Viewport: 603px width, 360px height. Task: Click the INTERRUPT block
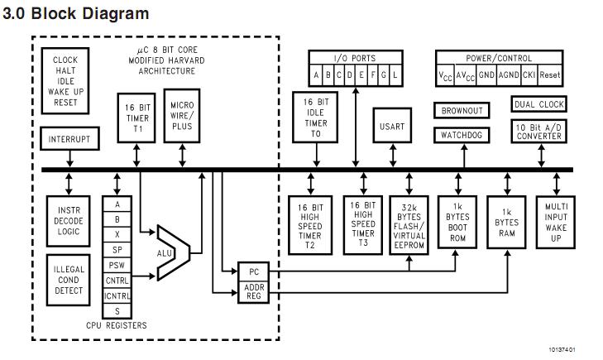[69, 138]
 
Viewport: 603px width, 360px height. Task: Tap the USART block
[392, 127]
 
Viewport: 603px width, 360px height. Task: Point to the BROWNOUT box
[460, 111]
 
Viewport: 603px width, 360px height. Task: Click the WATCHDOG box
[460, 135]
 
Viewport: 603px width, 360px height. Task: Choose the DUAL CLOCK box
[539, 105]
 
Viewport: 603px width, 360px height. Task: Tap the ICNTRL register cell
[117, 295]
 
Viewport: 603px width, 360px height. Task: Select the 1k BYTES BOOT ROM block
[457, 223]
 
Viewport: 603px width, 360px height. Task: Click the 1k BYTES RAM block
[506, 223]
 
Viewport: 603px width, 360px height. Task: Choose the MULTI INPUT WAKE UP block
[554, 223]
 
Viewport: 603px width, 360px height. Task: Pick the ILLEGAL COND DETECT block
[69, 280]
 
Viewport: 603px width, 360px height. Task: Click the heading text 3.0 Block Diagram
[76, 14]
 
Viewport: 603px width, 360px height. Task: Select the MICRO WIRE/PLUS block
[182, 118]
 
